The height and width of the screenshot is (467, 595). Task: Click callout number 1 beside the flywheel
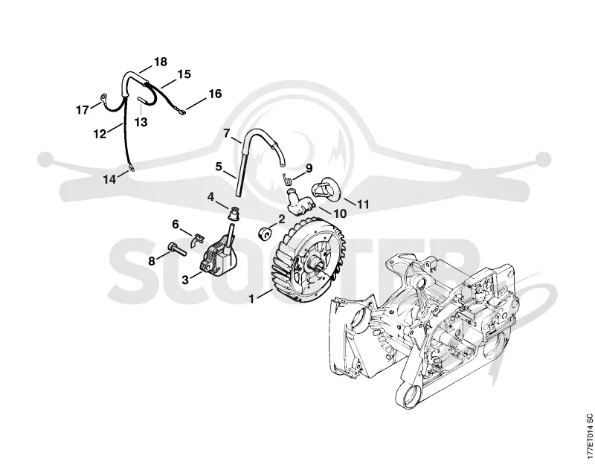click(251, 298)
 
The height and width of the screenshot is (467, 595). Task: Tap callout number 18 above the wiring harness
click(161, 62)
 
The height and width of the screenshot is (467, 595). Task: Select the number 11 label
click(363, 204)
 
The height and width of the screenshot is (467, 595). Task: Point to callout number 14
click(109, 179)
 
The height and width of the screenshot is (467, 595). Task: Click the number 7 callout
click(227, 134)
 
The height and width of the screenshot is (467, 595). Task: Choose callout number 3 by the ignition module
click(185, 280)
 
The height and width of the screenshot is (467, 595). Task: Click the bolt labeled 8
click(177, 249)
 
